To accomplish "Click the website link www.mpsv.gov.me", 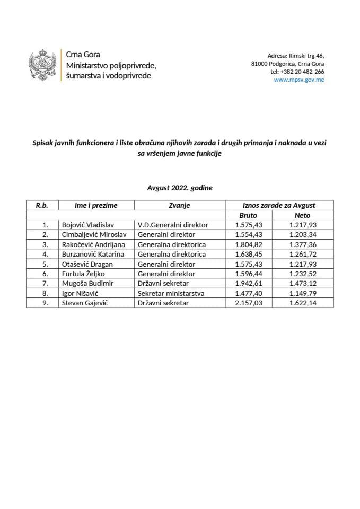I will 299,80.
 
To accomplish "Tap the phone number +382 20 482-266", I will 297,72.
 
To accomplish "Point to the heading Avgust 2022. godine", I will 180,187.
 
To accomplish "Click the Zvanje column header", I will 180,205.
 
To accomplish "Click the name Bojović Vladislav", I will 85,225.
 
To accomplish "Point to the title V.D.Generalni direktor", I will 172,225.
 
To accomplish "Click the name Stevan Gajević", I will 81,303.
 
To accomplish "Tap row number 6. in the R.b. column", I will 45,274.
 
